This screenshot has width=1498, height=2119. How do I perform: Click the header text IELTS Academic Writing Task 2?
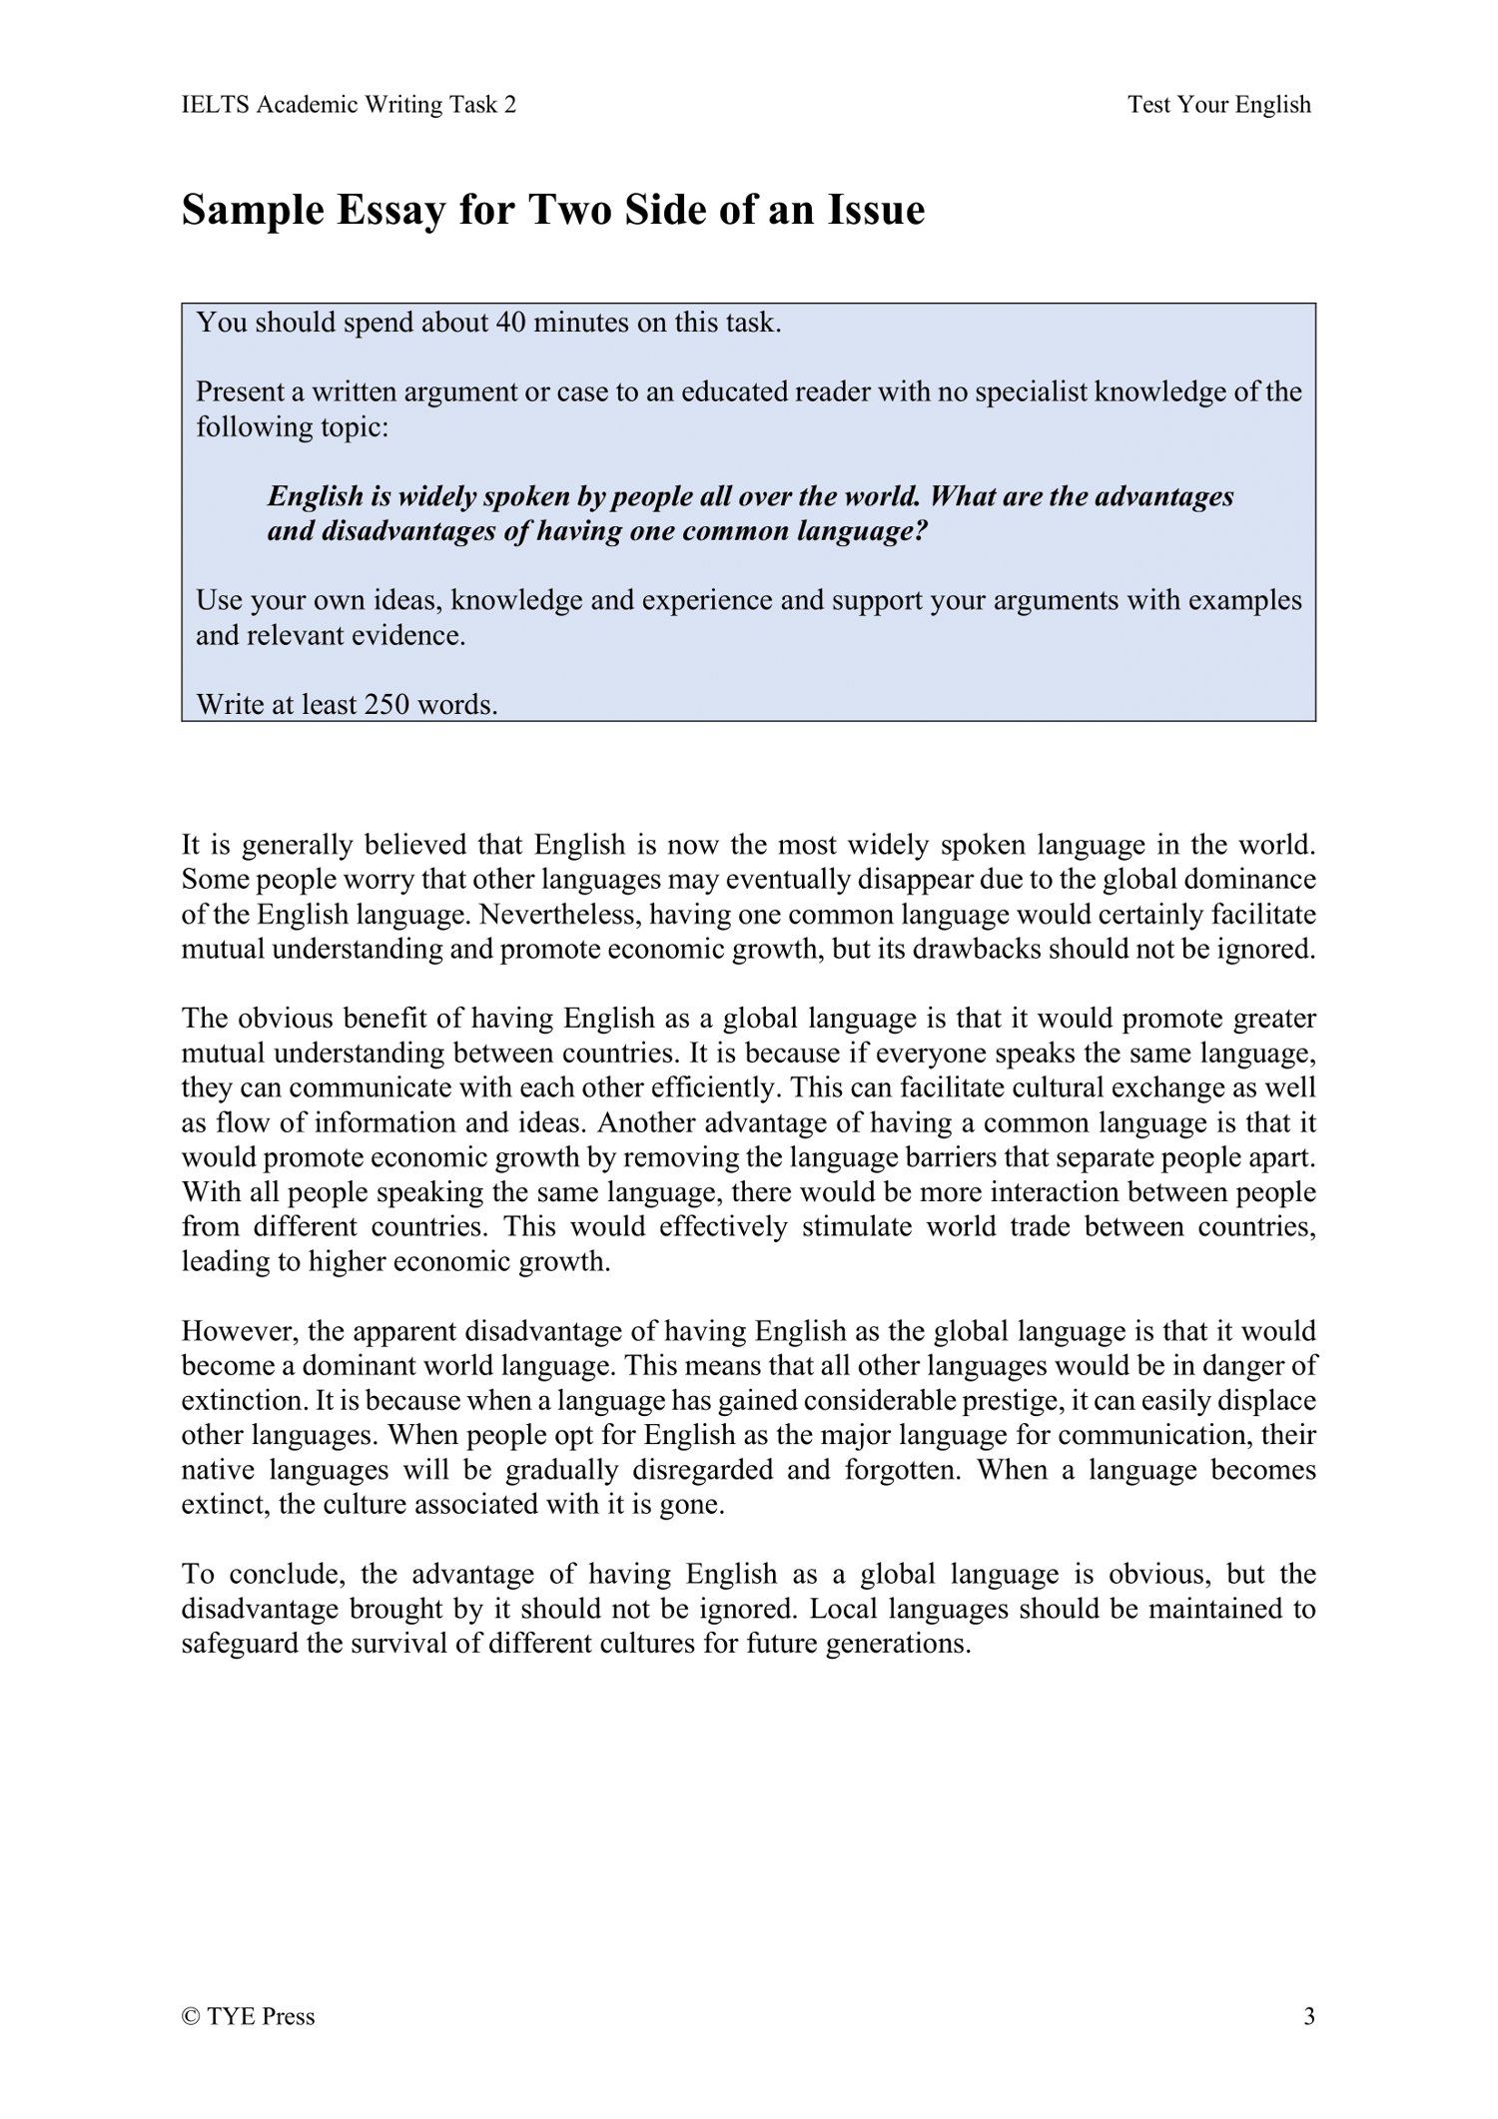click(x=349, y=105)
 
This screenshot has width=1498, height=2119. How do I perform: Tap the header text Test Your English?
click(x=1218, y=105)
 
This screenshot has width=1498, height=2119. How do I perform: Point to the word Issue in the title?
click(x=875, y=211)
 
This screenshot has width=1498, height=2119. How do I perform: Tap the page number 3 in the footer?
click(x=1309, y=2016)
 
